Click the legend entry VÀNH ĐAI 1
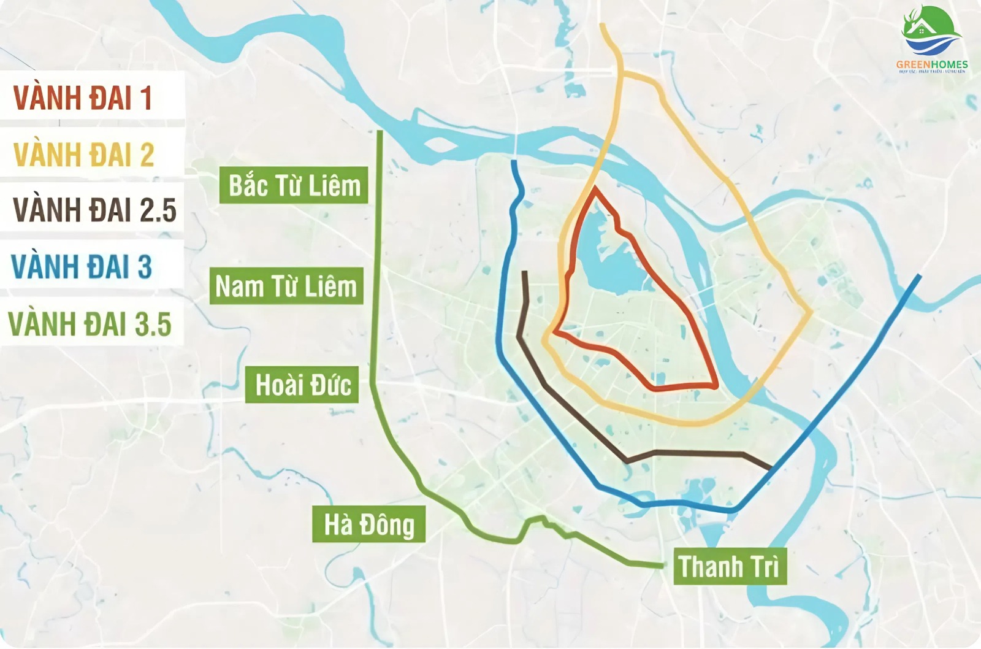click(x=83, y=98)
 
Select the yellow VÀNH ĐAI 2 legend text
click(x=83, y=155)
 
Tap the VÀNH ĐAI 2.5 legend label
click(x=94, y=210)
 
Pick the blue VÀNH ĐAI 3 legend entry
click(x=82, y=267)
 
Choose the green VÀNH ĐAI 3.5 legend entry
click(x=90, y=324)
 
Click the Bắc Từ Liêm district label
click(x=294, y=185)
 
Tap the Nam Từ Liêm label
click(x=286, y=286)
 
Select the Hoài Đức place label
click(x=302, y=385)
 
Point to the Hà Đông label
click(x=368, y=524)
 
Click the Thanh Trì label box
click(x=729, y=566)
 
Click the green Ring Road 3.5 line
click(x=378, y=245)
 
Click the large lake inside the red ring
click(x=607, y=258)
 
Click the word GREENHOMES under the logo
click(x=931, y=64)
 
